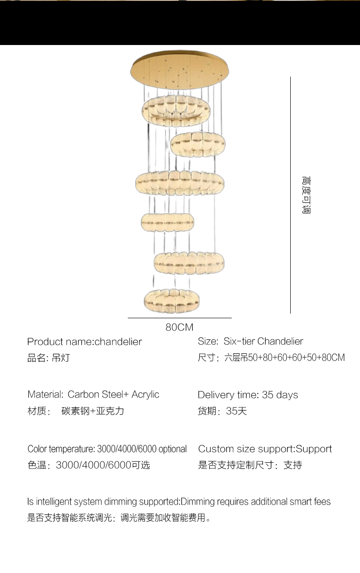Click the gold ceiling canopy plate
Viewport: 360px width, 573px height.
[180, 70]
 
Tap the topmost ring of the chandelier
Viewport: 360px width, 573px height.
[176, 111]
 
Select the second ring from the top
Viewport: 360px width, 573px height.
[198, 144]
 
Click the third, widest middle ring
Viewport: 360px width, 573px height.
[180, 183]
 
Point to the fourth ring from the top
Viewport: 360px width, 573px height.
[167, 222]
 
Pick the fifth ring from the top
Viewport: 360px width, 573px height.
[189, 263]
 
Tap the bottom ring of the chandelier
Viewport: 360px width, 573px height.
[171, 301]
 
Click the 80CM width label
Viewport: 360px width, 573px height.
[180, 327]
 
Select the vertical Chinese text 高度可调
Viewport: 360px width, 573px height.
[306, 194]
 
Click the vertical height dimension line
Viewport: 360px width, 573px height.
[290, 195]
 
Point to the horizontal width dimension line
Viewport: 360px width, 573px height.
[180, 318]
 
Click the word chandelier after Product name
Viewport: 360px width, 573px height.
[118, 342]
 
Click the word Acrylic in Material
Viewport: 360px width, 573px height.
[145, 395]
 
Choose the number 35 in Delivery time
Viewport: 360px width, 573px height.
[268, 395]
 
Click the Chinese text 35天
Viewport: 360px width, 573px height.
[237, 411]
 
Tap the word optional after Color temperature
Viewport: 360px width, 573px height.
[173, 449]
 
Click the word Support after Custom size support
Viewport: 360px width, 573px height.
[314, 449]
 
